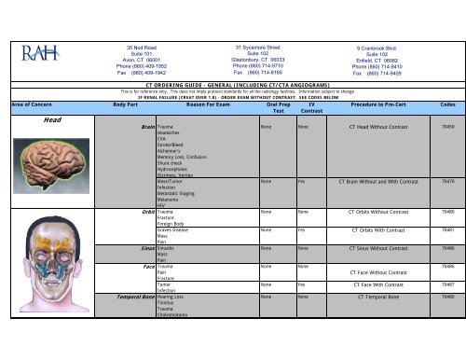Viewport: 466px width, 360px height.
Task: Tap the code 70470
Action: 446,208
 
